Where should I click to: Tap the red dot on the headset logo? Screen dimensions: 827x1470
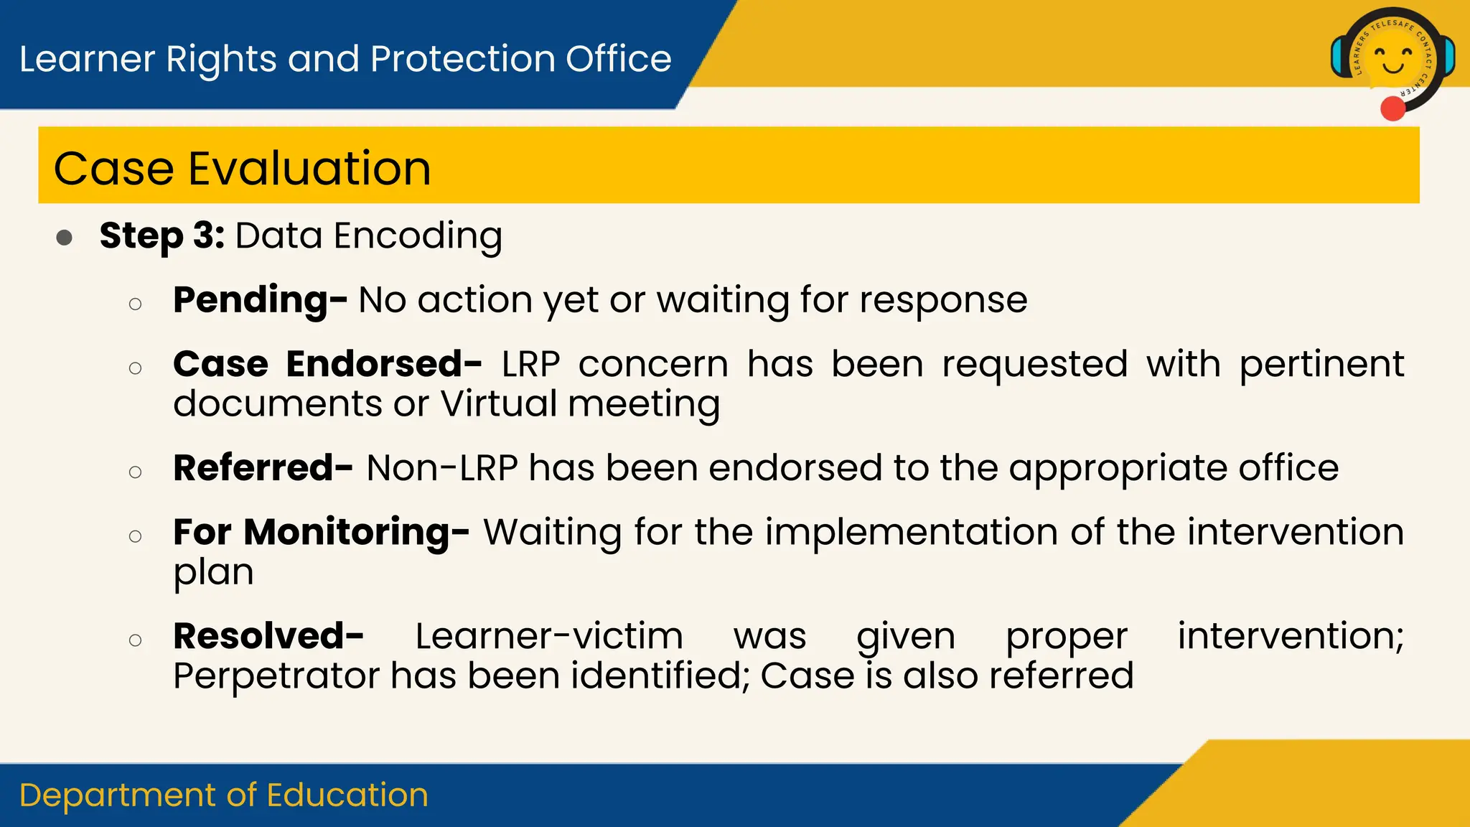pos(1392,109)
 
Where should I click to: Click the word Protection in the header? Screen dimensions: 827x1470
pos(462,59)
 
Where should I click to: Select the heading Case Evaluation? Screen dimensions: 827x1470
pos(243,169)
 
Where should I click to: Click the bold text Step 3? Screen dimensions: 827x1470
pos(162,235)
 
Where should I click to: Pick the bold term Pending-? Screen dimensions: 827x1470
pos(260,300)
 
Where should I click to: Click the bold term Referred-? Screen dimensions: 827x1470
pos(263,468)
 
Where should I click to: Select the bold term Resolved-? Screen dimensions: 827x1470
pos(268,636)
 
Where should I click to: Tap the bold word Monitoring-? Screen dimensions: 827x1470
pos(357,533)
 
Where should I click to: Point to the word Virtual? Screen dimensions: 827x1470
pos(499,403)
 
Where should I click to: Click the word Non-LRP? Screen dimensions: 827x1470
pos(442,468)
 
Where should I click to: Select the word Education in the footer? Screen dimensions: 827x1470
pos(347,795)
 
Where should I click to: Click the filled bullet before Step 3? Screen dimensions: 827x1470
pos(65,238)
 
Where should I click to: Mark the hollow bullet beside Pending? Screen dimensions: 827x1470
pos(135,304)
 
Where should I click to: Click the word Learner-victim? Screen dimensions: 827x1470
pos(549,636)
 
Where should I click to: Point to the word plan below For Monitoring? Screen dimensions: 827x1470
pos(213,573)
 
